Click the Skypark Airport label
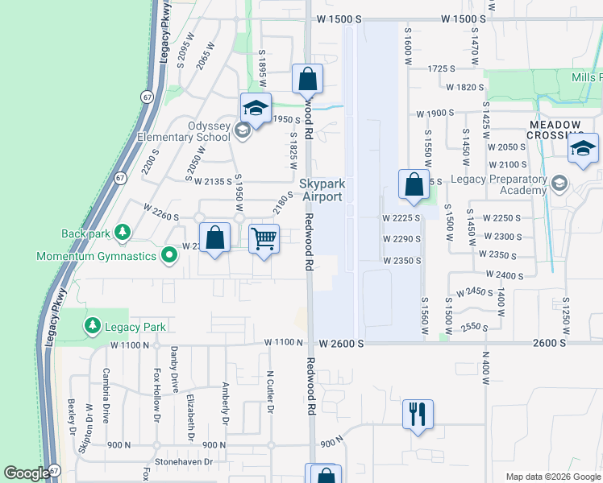click(322, 190)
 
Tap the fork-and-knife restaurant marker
click(418, 415)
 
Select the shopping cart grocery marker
click(264, 238)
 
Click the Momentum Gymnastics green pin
click(168, 256)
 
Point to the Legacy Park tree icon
click(93, 326)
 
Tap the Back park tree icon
click(122, 233)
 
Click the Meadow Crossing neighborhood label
click(555, 130)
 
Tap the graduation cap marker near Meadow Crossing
click(583, 149)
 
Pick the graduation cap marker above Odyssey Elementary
click(256, 109)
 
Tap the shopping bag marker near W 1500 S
click(307, 79)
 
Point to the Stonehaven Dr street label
click(185, 462)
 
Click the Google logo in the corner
click(27, 473)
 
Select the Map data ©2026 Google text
click(552, 476)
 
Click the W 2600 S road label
click(342, 343)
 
